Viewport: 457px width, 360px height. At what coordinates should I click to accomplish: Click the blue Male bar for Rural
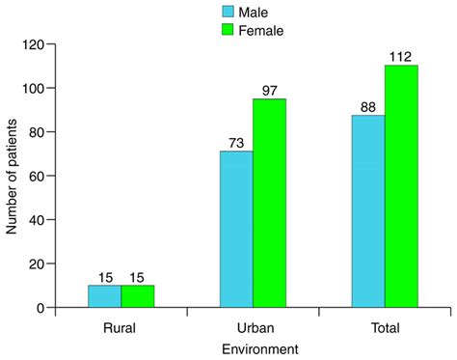pyautogui.click(x=104, y=296)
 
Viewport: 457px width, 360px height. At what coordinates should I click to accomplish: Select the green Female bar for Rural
pyautogui.click(x=137, y=296)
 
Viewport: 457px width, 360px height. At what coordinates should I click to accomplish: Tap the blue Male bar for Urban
pyautogui.click(x=236, y=229)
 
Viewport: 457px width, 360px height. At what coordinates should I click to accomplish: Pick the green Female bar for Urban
pyautogui.click(x=269, y=203)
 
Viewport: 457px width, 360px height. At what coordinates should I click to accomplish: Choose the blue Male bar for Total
pyautogui.click(x=368, y=211)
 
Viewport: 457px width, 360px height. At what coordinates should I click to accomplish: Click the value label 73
pyautogui.click(x=236, y=142)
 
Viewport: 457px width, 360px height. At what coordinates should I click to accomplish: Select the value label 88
pyautogui.click(x=368, y=107)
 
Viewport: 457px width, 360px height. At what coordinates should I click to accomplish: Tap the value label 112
pyautogui.click(x=401, y=56)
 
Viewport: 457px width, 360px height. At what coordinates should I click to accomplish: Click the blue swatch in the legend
pyautogui.click(x=228, y=12)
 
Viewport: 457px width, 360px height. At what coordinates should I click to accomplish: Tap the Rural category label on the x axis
pyautogui.click(x=121, y=326)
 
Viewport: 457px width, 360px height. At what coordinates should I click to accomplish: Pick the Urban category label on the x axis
pyautogui.click(x=253, y=326)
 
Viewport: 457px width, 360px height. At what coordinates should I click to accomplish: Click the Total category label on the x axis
pyautogui.click(x=385, y=326)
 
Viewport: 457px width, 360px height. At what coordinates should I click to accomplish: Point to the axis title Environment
pyautogui.click(x=253, y=348)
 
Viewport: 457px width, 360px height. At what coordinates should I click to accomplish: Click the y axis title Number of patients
pyautogui.click(x=13, y=176)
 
